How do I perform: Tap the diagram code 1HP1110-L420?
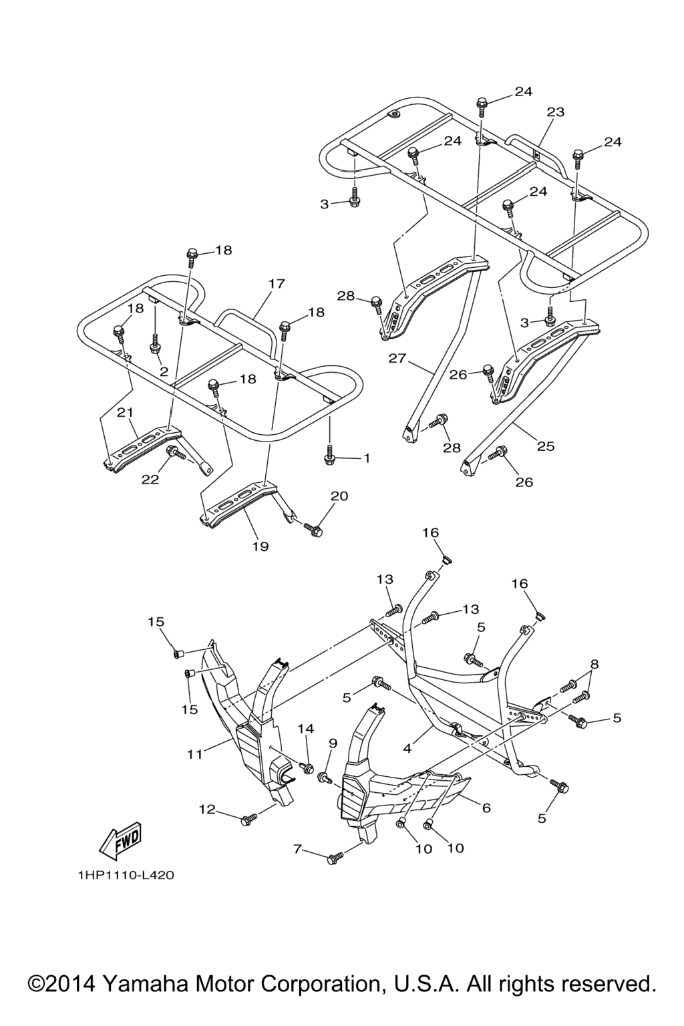click(x=125, y=874)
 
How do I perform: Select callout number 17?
click(x=277, y=283)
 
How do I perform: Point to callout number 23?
click(x=556, y=112)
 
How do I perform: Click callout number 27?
click(x=397, y=359)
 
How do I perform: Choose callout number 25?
click(x=546, y=446)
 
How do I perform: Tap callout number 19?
click(x=260, y=546)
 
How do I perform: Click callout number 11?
click(x=194, y=754)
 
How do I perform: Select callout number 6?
click(x=486, y=808)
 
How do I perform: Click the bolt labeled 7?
click(x=334, y=858)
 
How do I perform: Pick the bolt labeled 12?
click(x=248, y=818)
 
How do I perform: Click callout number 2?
click(x=164, y=372)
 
